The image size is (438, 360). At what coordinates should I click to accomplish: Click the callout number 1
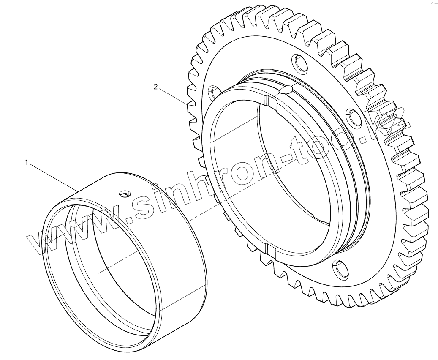click(27, 162)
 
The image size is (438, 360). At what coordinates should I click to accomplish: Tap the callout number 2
click(155, 87)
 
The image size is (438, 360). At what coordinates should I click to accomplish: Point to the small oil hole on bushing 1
click(125, 194)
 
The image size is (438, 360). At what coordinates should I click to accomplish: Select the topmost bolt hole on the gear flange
click(300, 63)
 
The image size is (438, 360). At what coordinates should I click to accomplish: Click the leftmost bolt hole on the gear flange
click(215, 92)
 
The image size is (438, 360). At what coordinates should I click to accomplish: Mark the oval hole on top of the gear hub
click(286, 90)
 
